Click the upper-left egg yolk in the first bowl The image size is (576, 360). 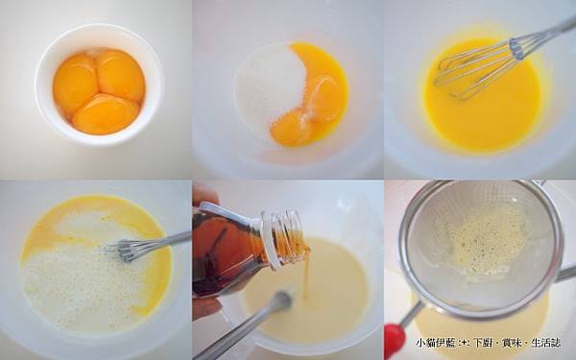pyautogui.click(x=75, y=83)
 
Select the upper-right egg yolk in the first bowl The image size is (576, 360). pyautogui.click(x=121, y=77)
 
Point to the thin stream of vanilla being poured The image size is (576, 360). pyautogui.click(x=306, y=278)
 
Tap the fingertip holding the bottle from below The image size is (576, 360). pyautogui.click(x=204, y=307)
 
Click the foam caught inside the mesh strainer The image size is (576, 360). pyautogui.click(x=489, y=240)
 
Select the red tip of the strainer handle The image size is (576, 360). pyautogui.click(x=394, y=339)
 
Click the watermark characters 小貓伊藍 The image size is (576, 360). pyautogui.click(x=434, y=343)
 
